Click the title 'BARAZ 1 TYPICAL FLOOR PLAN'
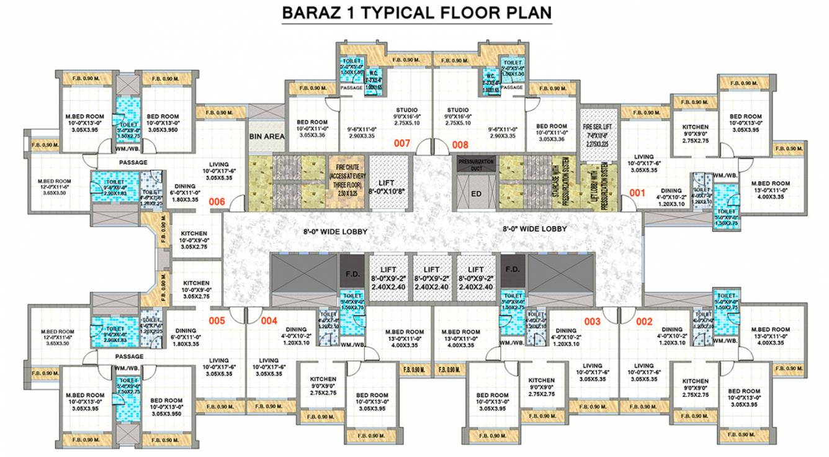pyautogui.click(x=416, y=12)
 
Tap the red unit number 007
pyautogui.click(x=403, y=143)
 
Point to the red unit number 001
pyautogui.click(x=638, y=192)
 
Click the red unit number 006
pyautogui.click(x=217, y=201)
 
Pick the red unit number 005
pyautogui.click(x=217, y=321)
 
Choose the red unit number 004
pyautogui.click(x=268, y=321)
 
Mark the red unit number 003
pyautogui.click(x=593, y=321)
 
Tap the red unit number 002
pyautogui.click(x=645, y=321)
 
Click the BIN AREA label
pyautogui.click(x=267, y=136)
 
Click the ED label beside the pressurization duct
pyautogui.click(x=476, y=193)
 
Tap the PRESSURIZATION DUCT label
pyautogui.click(x=476, y=164)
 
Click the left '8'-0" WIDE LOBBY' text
pyautogui.click(x=336, y=232)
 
